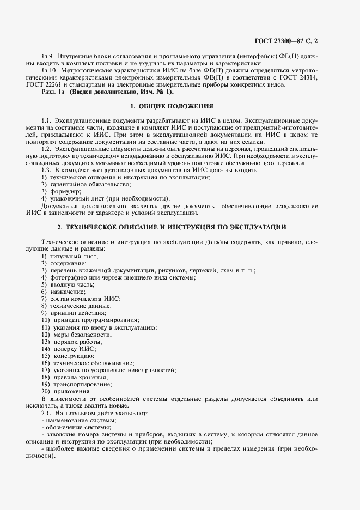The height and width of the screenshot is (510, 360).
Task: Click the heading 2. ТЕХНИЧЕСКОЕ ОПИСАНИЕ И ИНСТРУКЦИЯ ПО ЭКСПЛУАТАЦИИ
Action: tap(172, 226)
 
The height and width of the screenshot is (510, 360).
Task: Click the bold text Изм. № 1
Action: tap(158, 92)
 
